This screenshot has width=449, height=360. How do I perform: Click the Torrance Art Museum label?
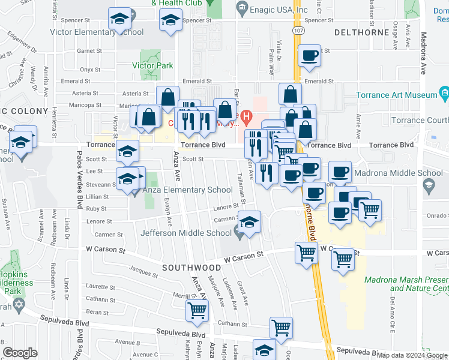[397, 95]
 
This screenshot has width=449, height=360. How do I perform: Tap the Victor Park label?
[154, 65]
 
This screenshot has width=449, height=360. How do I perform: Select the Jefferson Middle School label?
[186, 233]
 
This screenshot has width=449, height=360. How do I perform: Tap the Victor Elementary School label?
[97, 32]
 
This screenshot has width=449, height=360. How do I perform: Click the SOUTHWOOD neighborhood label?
[191, 267]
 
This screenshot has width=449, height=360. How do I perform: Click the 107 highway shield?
[298, 29]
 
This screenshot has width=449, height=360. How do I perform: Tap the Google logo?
[20, 353]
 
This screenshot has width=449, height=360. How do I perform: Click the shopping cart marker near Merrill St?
[197, 310]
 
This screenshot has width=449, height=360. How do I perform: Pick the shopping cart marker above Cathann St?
[281, 328]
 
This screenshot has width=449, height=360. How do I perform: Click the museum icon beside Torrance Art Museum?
[444, 94]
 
